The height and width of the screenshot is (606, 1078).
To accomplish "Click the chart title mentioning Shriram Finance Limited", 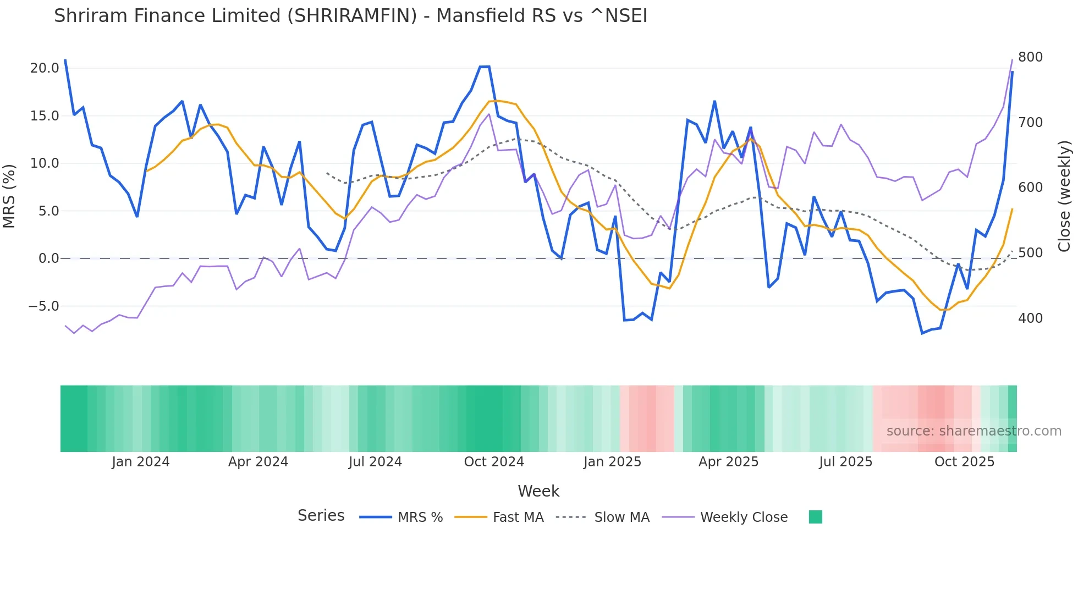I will tap(350, 16).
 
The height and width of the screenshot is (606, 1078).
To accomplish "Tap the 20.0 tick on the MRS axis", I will tap(45, 68).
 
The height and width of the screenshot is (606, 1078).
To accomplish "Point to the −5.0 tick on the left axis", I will tap(43, 306).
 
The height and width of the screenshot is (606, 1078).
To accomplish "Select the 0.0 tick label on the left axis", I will tap(48, 258).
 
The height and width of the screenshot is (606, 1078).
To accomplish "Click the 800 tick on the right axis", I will tap(1030, 57).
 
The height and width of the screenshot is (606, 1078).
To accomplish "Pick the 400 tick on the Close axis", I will tap(1030, 318).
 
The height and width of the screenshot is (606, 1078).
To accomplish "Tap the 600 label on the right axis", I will tap(1030, 188).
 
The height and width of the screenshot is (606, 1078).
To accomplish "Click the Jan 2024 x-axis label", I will tap(140, 462).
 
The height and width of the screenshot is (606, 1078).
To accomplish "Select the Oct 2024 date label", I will tap(494, 462).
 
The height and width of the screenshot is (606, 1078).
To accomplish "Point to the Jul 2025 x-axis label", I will tap(845, 462).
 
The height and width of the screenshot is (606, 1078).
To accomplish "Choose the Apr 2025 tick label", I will tap(728, 462).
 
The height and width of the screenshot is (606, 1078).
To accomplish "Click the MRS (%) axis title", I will tap(9, 196).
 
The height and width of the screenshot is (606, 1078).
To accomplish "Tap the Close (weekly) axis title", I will tap(1064, 196).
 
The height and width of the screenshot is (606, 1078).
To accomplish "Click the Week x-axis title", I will tap(538, 491).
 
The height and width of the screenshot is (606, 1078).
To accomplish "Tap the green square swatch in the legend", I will tap(816, 517).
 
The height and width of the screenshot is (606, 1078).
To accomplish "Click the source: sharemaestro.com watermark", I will tap(974, 431).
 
